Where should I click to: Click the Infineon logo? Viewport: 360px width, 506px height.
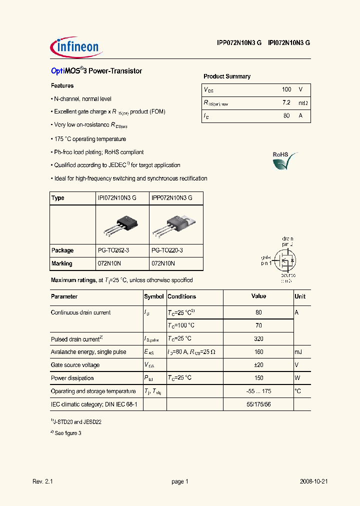(x=76, y=47)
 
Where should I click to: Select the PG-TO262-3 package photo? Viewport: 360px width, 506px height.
(x=122, y=224)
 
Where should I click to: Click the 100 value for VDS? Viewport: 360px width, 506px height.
(x=286, y=89)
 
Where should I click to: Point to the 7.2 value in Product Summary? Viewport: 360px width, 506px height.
(x=286, y=102)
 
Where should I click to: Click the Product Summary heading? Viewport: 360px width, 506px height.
(x=227, y=76)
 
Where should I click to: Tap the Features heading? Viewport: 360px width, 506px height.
(x=62, y=85)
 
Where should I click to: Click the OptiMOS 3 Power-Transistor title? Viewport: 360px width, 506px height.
(x=96, y=71)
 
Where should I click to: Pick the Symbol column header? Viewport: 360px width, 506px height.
(x=154, y=296)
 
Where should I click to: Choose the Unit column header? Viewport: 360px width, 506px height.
(x=300, y=296)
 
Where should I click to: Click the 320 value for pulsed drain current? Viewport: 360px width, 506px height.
(x=258, y=339)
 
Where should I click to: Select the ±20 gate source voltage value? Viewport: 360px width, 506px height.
(x=258, y=365)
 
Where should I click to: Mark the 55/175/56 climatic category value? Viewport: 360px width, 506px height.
(x=258, y=404)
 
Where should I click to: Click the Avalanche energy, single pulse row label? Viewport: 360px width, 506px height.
(x=88, y=352)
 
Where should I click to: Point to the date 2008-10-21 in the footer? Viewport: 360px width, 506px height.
(x=313, y=481)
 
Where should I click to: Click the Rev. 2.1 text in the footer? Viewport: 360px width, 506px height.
(x=42, y=481)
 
